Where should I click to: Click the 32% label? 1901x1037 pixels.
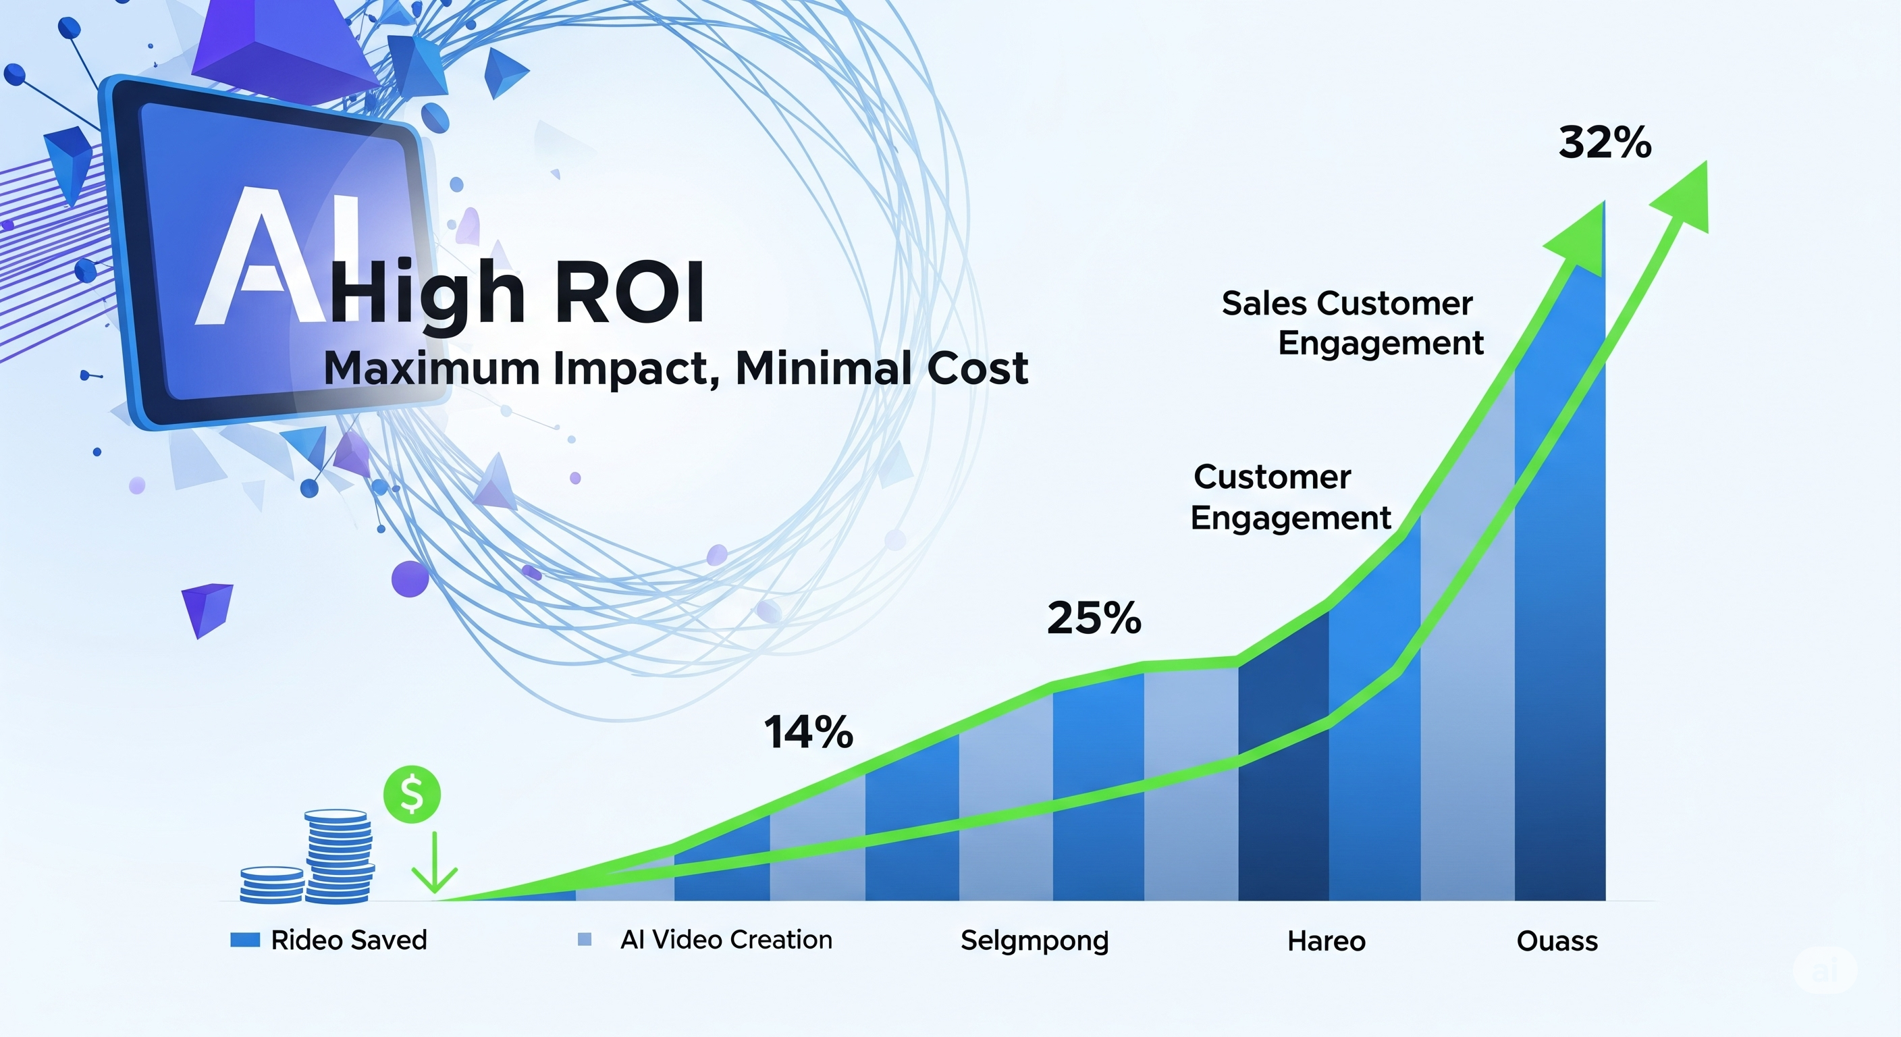pyautogui.click(x=1605, y=142)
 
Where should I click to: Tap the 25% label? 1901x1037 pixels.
pyautogui.click(x=1094, y=618)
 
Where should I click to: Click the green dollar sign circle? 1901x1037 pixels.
pyautogui.click(x=412, y=794)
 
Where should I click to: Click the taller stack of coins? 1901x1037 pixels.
pyautogui.click(x=339, y=856)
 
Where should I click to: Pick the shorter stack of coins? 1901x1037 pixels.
pyautogui.click(x=271, y=884)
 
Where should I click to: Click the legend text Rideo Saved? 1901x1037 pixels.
pyautogui.click(x=349, y=940)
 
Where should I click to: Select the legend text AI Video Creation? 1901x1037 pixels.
pyautogui.click(x=726, y=940)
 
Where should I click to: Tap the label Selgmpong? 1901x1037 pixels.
pyautogui.click(x=1035, y=941)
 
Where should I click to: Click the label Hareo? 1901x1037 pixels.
pyautogui.click(x=1326, y=941)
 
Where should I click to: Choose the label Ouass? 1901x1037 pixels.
pyautogui.click(x=1557, y=941)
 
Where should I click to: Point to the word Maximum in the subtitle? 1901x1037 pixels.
pyautogui.click(x=432, y=367)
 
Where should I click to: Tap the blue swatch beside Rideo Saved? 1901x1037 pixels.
pyautogui.click(x=245, y=940)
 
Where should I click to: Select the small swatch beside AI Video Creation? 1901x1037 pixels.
pyautogui.click(x=585, y=940)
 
